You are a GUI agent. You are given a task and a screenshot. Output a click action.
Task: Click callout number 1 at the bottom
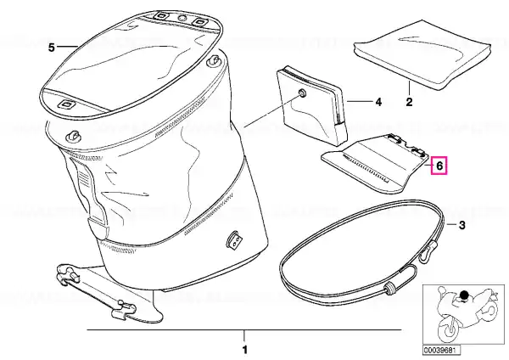pos(245,350)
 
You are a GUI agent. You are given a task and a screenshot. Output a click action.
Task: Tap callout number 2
pos(409,102)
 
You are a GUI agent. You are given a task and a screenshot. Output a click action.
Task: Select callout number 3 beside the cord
pos(462,225)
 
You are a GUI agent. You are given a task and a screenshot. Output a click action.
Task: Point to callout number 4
pos(378,102)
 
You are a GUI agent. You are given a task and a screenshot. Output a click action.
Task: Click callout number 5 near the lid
pos(52,48)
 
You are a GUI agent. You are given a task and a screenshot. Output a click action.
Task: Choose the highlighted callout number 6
pos(439,166)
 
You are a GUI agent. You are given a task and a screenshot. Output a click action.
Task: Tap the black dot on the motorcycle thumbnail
pos(465,295)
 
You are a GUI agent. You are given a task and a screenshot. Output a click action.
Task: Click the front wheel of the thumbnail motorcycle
pos(449,329)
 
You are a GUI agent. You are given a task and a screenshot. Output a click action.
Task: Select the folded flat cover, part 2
pos(422,54)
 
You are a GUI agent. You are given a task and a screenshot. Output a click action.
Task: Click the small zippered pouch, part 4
pos(311,107)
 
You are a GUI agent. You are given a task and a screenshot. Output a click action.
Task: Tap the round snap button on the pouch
pos(303,93)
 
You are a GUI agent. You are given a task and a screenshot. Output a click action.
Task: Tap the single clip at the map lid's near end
pos(66,104)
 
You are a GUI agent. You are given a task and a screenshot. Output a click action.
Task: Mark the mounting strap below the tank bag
pos(98,291)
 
